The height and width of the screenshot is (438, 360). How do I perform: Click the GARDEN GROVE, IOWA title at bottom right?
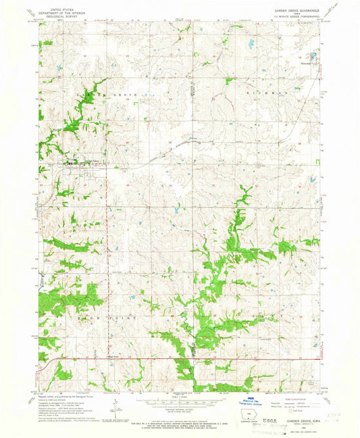[x=302, y=419]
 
